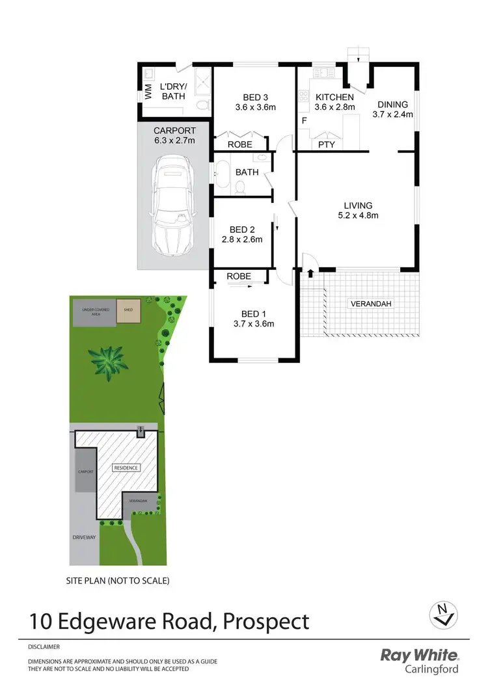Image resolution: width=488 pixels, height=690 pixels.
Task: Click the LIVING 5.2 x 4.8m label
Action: click(355, 210)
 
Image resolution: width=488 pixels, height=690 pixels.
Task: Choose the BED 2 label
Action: click(246, 234)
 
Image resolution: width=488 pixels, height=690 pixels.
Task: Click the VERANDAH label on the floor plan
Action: click(372, 304)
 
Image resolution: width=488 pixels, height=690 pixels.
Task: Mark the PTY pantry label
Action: click(326, 144)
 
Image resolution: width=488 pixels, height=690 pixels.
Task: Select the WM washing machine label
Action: click(148, 92)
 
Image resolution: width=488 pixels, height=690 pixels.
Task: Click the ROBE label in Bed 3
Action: click(239, 144)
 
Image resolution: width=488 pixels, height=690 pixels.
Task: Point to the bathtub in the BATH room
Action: click(218, 173)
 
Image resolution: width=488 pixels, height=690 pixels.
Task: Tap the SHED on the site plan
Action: click(128, 310)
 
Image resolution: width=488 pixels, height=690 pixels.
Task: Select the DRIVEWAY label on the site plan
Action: click(84, 538)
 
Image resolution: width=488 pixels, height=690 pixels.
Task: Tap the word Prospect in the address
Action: click(266, 622)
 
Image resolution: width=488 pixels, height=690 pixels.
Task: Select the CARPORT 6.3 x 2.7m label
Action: click(174, 135)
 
